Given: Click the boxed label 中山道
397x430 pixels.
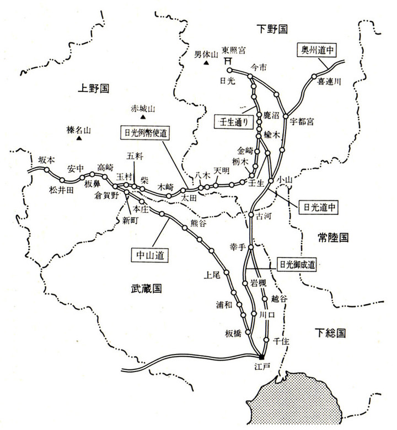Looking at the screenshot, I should pos(151,255).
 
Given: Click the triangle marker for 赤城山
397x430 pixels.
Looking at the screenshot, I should pos(142,117).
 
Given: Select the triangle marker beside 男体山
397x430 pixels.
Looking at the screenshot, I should pos(206,64).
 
